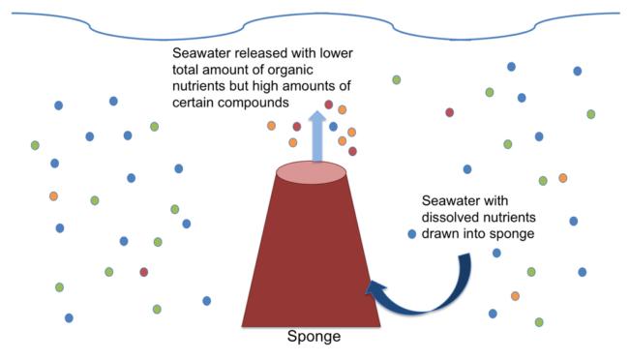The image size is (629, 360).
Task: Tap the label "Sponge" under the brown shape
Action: [314, 340]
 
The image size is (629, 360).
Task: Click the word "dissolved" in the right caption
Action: [443, 219]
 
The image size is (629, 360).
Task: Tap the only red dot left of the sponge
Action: [144, 272]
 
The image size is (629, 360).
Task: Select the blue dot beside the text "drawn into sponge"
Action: [412, 235]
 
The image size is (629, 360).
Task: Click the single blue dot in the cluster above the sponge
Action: [333, 127]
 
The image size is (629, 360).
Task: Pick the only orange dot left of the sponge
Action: [54, 195]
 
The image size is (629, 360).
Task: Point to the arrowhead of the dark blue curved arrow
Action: [373, 287]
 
